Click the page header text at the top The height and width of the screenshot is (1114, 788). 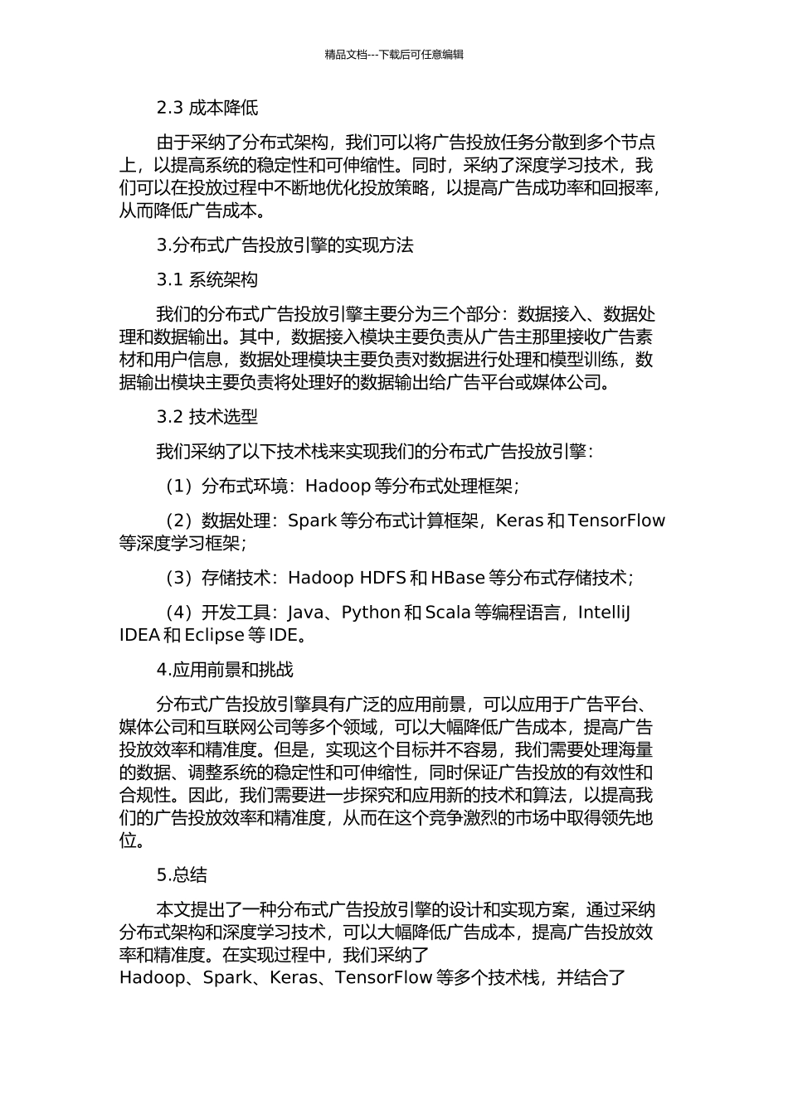click(394, 55)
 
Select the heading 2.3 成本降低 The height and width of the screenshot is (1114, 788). click(207, 108)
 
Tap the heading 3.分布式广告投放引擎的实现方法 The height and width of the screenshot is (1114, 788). click(285, 245)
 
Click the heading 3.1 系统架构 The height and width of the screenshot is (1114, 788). click(207, 280)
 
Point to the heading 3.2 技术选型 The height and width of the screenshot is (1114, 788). click(207, 417)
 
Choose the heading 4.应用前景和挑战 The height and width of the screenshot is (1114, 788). click(225, 670)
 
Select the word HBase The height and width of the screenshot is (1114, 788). click(458, 578)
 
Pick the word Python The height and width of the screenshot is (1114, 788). click(371, 613)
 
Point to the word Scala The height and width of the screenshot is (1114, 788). click(448, 613)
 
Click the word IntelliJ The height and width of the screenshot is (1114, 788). click(604, 613)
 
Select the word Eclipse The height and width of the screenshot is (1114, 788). click(214, 636)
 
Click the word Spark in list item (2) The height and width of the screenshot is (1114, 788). click(312, 521)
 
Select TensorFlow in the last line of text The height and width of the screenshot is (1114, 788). click(383, 978)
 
